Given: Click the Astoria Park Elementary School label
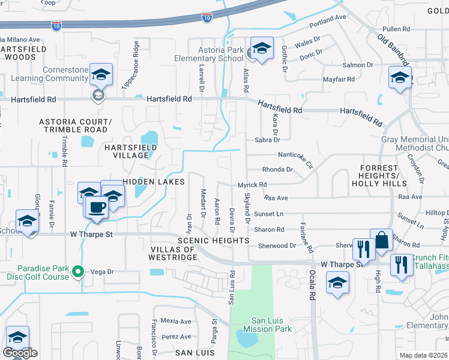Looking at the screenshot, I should [208, 53].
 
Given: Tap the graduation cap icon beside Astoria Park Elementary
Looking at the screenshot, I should [262, 49].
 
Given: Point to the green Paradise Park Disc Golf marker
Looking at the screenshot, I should [77, 272].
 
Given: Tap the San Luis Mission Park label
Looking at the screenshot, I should [271, 324].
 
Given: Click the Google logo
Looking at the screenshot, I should [20, 353].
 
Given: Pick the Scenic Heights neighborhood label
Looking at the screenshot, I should [213, 241].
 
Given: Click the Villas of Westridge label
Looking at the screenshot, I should [173, 253].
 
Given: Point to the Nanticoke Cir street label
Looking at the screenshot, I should [297, 158].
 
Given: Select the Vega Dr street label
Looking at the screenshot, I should [101, 272].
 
